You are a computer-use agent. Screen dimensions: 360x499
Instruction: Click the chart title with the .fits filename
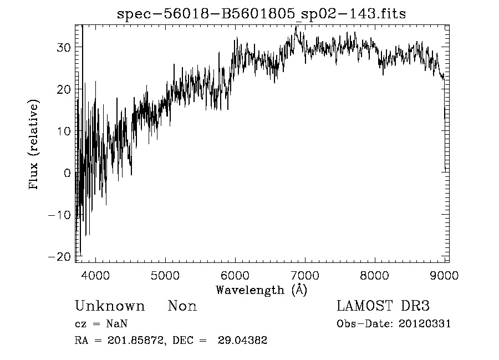point(262,14)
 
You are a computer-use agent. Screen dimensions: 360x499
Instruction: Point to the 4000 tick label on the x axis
point(96,274)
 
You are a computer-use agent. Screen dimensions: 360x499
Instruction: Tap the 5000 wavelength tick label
point(166,274)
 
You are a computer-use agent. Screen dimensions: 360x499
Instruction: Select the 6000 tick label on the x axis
point(235,274)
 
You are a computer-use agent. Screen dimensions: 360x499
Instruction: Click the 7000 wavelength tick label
point(305,274)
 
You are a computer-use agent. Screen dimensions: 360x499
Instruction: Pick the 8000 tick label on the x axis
point(375,274)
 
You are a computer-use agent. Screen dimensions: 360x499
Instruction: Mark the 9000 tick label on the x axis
point(444,274)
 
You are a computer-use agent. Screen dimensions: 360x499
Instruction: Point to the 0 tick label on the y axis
point(68,173)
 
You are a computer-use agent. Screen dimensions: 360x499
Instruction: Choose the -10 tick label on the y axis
point(60,215)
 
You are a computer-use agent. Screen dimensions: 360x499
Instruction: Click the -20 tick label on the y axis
point(60,256)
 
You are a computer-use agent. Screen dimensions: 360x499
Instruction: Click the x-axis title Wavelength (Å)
point(261,290)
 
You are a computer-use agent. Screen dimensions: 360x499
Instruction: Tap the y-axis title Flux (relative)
point(35,145)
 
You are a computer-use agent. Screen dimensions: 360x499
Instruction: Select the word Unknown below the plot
point(110,306)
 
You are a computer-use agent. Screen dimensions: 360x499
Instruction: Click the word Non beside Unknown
point(182,306)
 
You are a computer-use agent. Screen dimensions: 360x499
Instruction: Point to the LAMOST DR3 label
point(383,306)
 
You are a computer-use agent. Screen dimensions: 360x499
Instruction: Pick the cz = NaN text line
point(101,324)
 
